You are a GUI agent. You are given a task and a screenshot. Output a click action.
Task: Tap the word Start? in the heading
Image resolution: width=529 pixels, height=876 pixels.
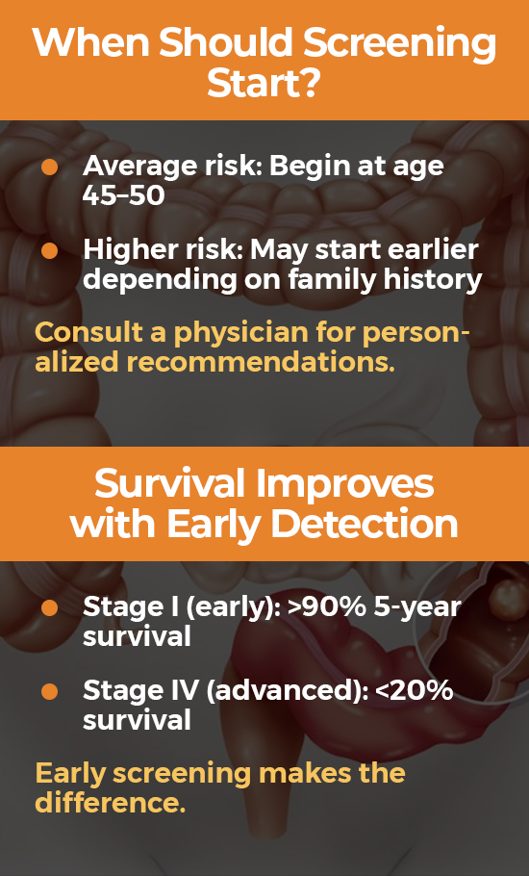(264, 85)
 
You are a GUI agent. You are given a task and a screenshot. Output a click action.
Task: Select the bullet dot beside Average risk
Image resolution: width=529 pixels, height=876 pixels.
(50, 167)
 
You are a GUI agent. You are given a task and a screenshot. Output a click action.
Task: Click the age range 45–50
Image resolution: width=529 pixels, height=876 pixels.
(123, 195)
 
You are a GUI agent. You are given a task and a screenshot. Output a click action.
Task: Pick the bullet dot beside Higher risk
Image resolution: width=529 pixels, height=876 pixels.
(50, 251)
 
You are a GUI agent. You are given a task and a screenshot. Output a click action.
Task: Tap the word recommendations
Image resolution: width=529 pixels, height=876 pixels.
(261, 363)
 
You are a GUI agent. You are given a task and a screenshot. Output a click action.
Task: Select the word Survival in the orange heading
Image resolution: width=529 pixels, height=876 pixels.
(170, 483)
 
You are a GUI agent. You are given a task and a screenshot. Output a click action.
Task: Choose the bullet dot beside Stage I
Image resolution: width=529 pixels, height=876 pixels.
(50, 607)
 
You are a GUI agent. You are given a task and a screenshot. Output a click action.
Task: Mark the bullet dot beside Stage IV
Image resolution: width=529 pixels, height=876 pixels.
(50, 691)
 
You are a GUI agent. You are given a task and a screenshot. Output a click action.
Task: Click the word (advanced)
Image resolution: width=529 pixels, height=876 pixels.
(287, 691)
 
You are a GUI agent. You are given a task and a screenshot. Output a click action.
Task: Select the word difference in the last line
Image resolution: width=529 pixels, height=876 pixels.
(110, 802)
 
